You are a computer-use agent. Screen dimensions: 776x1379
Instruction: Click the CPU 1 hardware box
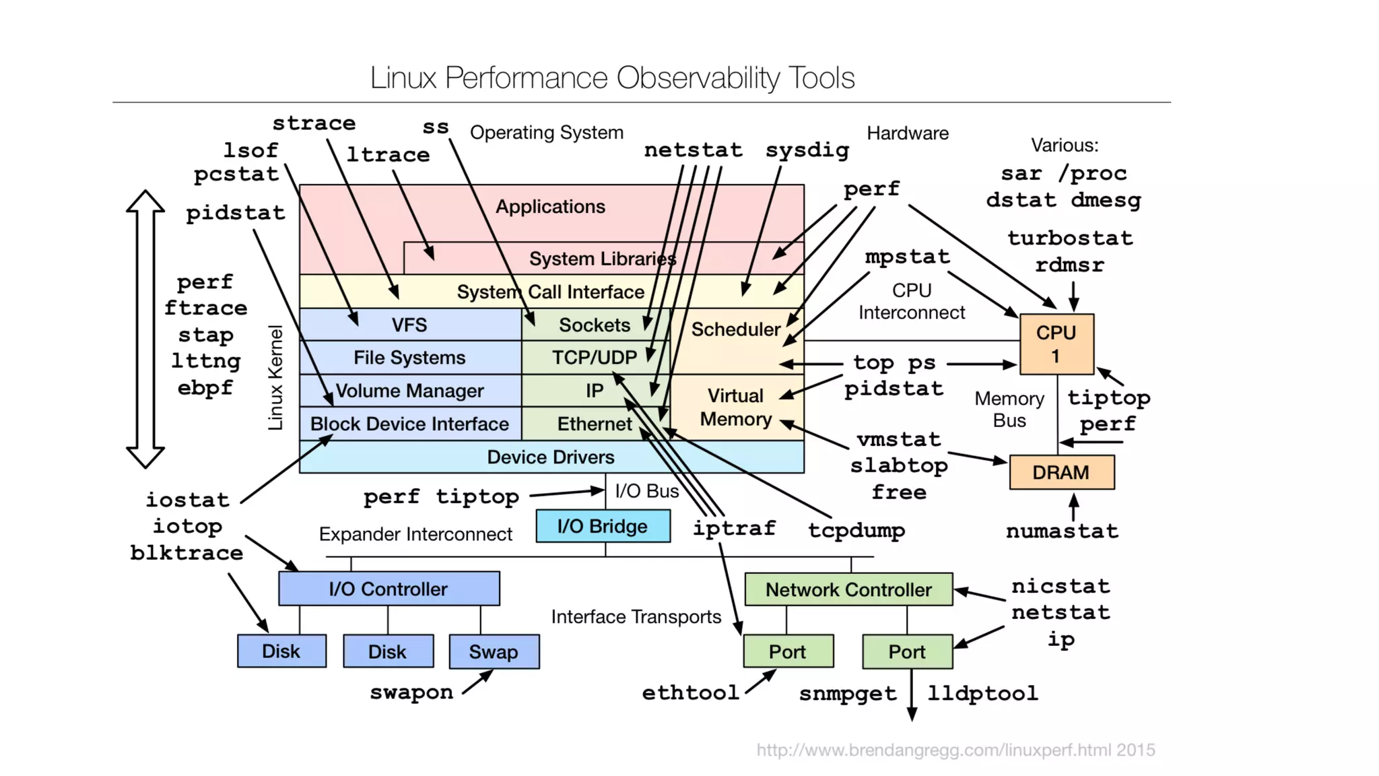[x=1056, y=344]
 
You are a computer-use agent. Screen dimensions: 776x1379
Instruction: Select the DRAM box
[x=1061, y=472]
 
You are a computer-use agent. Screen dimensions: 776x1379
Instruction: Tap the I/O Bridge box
[x=603, y=526]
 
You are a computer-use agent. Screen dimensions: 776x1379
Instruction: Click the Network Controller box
[x=848, y=589]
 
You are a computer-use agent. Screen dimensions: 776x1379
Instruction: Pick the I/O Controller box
[x=389, y=589]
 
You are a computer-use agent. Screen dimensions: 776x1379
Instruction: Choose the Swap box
[x=494, y=651]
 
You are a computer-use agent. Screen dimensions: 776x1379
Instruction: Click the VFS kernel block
[x=409, y=325]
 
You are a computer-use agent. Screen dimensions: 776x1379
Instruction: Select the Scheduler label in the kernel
[x=735, y=329]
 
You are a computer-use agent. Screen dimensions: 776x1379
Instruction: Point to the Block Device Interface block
[x=409, y=424]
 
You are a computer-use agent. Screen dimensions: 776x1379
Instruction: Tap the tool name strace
[x=314, y=123]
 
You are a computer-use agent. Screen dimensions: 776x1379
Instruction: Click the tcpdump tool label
[x=856, y=530]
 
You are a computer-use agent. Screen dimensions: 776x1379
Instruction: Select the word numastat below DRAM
[x=1062, y=531]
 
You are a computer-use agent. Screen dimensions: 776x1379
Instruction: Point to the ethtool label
[x=690, y=692]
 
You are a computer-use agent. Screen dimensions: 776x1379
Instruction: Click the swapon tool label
[x=411, y=692]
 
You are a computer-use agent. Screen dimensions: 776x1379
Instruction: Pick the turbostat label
[x=1070, y=238]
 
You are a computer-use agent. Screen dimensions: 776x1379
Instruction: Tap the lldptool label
[x=982, y=693]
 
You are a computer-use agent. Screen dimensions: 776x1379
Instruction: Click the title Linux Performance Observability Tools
[x=612, y=77]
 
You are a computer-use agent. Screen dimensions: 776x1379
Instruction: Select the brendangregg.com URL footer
[x=955, y=750]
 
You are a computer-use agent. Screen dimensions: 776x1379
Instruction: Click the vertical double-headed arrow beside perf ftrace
[x=145, y=329]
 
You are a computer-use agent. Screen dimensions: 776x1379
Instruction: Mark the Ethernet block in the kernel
[x=595, y=424]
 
